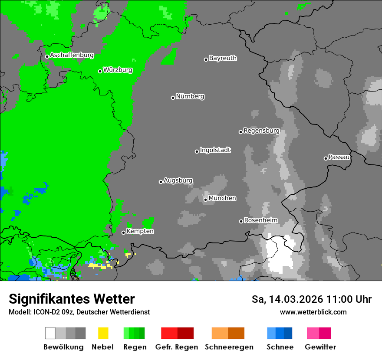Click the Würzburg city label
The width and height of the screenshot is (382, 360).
click(x=118, y=70)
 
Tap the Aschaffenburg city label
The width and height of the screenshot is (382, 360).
click(x=72, y=55)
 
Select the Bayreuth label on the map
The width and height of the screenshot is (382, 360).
click(x=223, y=58)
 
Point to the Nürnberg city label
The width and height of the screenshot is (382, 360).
click(x=190, y=96)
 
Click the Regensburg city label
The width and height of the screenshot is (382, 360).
click(x=261, y=131)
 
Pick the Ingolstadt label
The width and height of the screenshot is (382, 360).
click(x=215, y=150)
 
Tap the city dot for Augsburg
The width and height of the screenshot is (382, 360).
click(x=161, y=182)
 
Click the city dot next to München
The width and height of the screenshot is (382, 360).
click(x=206, y=200)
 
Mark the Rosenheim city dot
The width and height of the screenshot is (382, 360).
click(x=241, y=221)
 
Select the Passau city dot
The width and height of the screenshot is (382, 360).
click(x=326, y=158)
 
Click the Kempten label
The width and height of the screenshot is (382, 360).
click(x=140, y=231)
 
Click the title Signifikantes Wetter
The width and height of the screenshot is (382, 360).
click(x=72, y=299)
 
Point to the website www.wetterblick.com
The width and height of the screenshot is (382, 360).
click(x=313, y=312)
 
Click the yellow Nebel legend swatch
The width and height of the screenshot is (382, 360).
click(x=103, y=333)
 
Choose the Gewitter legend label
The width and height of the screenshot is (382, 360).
click(x=320, y=347)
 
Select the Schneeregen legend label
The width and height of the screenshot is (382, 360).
click(x=229, y=347)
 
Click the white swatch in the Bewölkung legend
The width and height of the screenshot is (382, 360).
click(x=50, y=333)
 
